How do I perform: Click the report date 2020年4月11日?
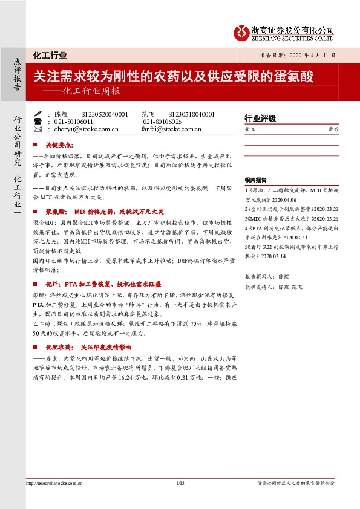coord(313,54)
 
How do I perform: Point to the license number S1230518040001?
coord(191,114)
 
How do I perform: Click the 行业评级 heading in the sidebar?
coord(260,118)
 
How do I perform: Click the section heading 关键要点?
coord(59,146)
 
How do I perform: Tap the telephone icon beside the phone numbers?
coord(39,121)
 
